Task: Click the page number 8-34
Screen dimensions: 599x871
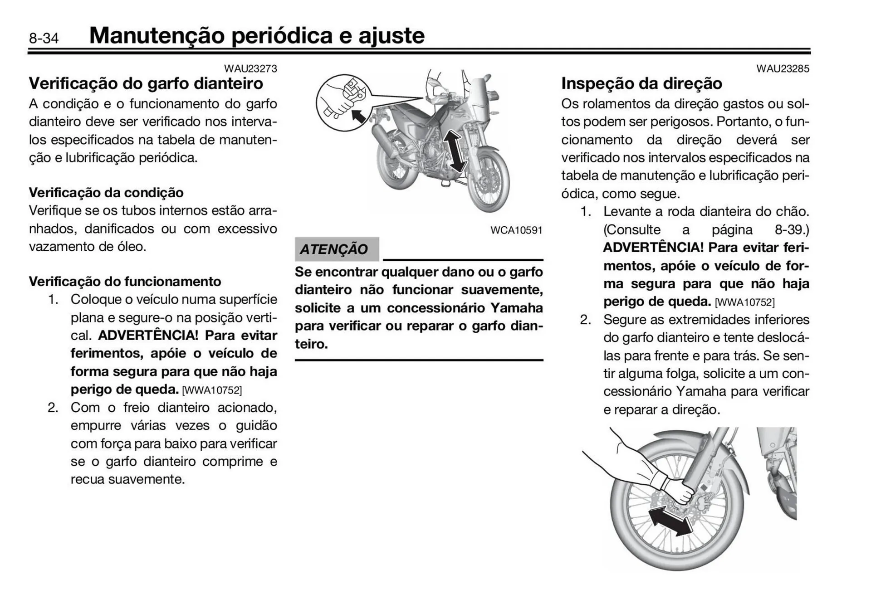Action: click(x=44, y=38)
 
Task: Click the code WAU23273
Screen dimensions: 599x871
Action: click(x=250, y=68)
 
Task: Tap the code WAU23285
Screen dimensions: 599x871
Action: click(x=783, y=68)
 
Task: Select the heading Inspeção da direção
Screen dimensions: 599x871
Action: click(x=641, y=84)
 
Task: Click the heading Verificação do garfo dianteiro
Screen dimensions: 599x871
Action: click(x=146, y=84)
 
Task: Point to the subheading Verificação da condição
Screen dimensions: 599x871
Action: click(x=106, y=193)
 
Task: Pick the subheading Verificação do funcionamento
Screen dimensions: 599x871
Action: click(x=125, y=282)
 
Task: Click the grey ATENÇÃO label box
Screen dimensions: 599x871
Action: click(x=336, y=249)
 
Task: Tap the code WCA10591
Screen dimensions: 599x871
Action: click(x=516, y=230)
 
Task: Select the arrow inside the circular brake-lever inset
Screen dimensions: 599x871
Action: click(x=358, y=116)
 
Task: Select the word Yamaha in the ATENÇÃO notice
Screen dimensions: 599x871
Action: click(x=516, y=308)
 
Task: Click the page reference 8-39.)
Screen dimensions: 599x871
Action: click(x=792, y=230)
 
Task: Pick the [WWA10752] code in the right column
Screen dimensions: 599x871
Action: click(x=744, y=302)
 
